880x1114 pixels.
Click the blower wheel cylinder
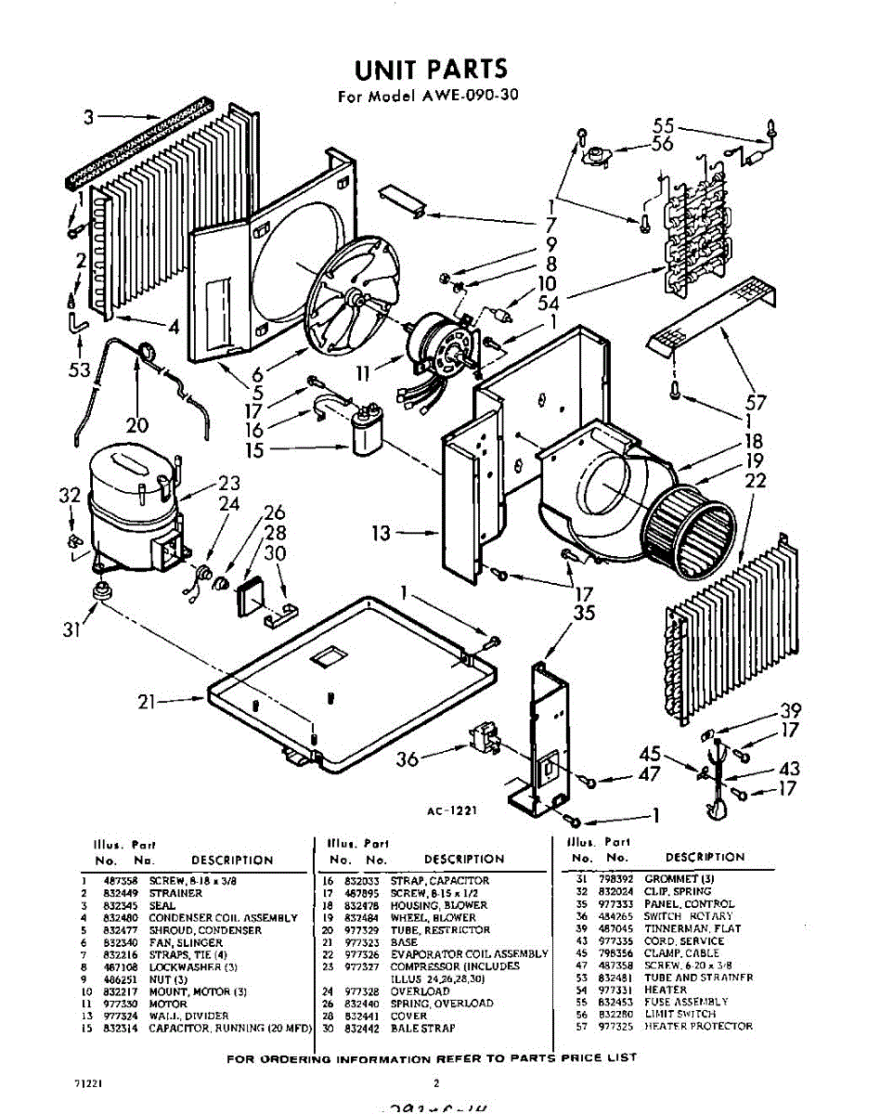(x=692, y=529)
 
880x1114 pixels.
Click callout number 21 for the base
(x=146, y=703)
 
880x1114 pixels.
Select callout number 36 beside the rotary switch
(x=407, y=759)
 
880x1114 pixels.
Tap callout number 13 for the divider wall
(x=382, y=533)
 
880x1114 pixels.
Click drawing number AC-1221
(x=452, y=810)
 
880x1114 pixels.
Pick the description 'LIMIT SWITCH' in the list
(x=680, y=1014)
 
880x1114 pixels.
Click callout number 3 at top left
(x=88, y=117)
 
